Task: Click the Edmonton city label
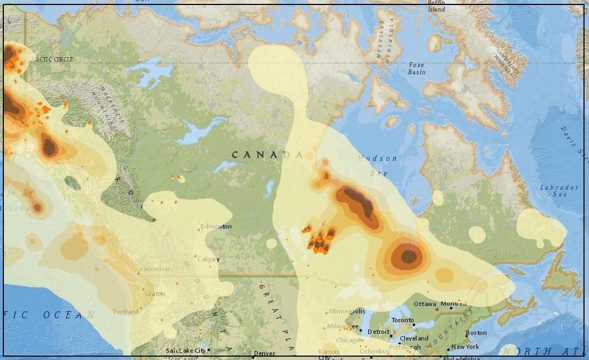coord(217,226)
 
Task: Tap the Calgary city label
coord(209,259)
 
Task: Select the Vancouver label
coord(155,269)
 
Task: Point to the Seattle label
coord(155,294)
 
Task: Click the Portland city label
coord(126,312)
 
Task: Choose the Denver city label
coord(264,353)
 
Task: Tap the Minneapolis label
coord(347,311)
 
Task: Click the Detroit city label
coord(378,332)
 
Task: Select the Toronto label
coord(403,321)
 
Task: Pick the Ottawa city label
coord(425,304)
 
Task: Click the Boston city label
coord(476,333)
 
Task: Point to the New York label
coord(465,347)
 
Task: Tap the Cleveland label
coord(414,338)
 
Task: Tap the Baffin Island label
coord(436,6)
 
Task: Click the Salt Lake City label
coord(186,351)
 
